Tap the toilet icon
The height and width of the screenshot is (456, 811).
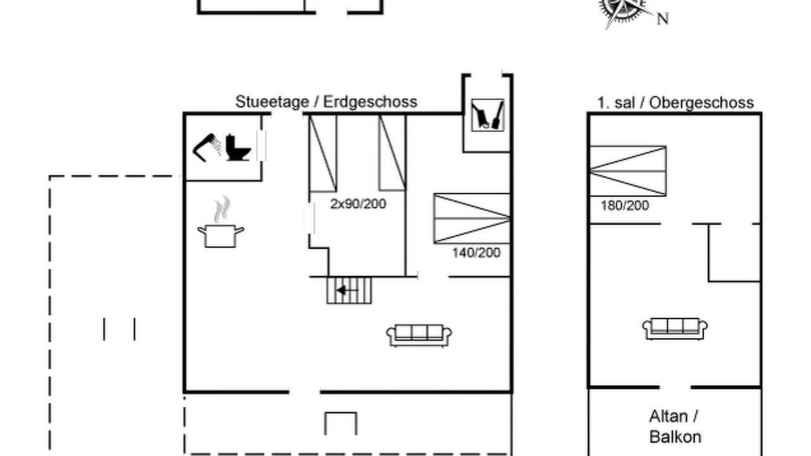238,148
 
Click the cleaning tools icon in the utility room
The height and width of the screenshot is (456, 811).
487,115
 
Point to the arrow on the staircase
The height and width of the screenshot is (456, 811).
347,290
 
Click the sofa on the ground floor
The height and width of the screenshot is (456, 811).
419,336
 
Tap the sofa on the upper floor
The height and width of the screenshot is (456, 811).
675,329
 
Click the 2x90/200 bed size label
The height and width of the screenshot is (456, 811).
358,204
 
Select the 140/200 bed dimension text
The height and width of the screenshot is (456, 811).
476,253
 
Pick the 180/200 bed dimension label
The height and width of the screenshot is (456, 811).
625,206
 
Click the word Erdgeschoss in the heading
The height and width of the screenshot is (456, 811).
370,102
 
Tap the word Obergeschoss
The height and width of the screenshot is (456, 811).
701,103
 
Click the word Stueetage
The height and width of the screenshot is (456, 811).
272,102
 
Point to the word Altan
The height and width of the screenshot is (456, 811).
668,417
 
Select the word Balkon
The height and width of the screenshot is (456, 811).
675,437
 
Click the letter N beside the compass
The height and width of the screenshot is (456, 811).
663,19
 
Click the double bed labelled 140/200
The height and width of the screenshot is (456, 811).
472,218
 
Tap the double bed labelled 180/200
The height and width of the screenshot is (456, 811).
628,171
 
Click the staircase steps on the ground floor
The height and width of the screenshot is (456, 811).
349,290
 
